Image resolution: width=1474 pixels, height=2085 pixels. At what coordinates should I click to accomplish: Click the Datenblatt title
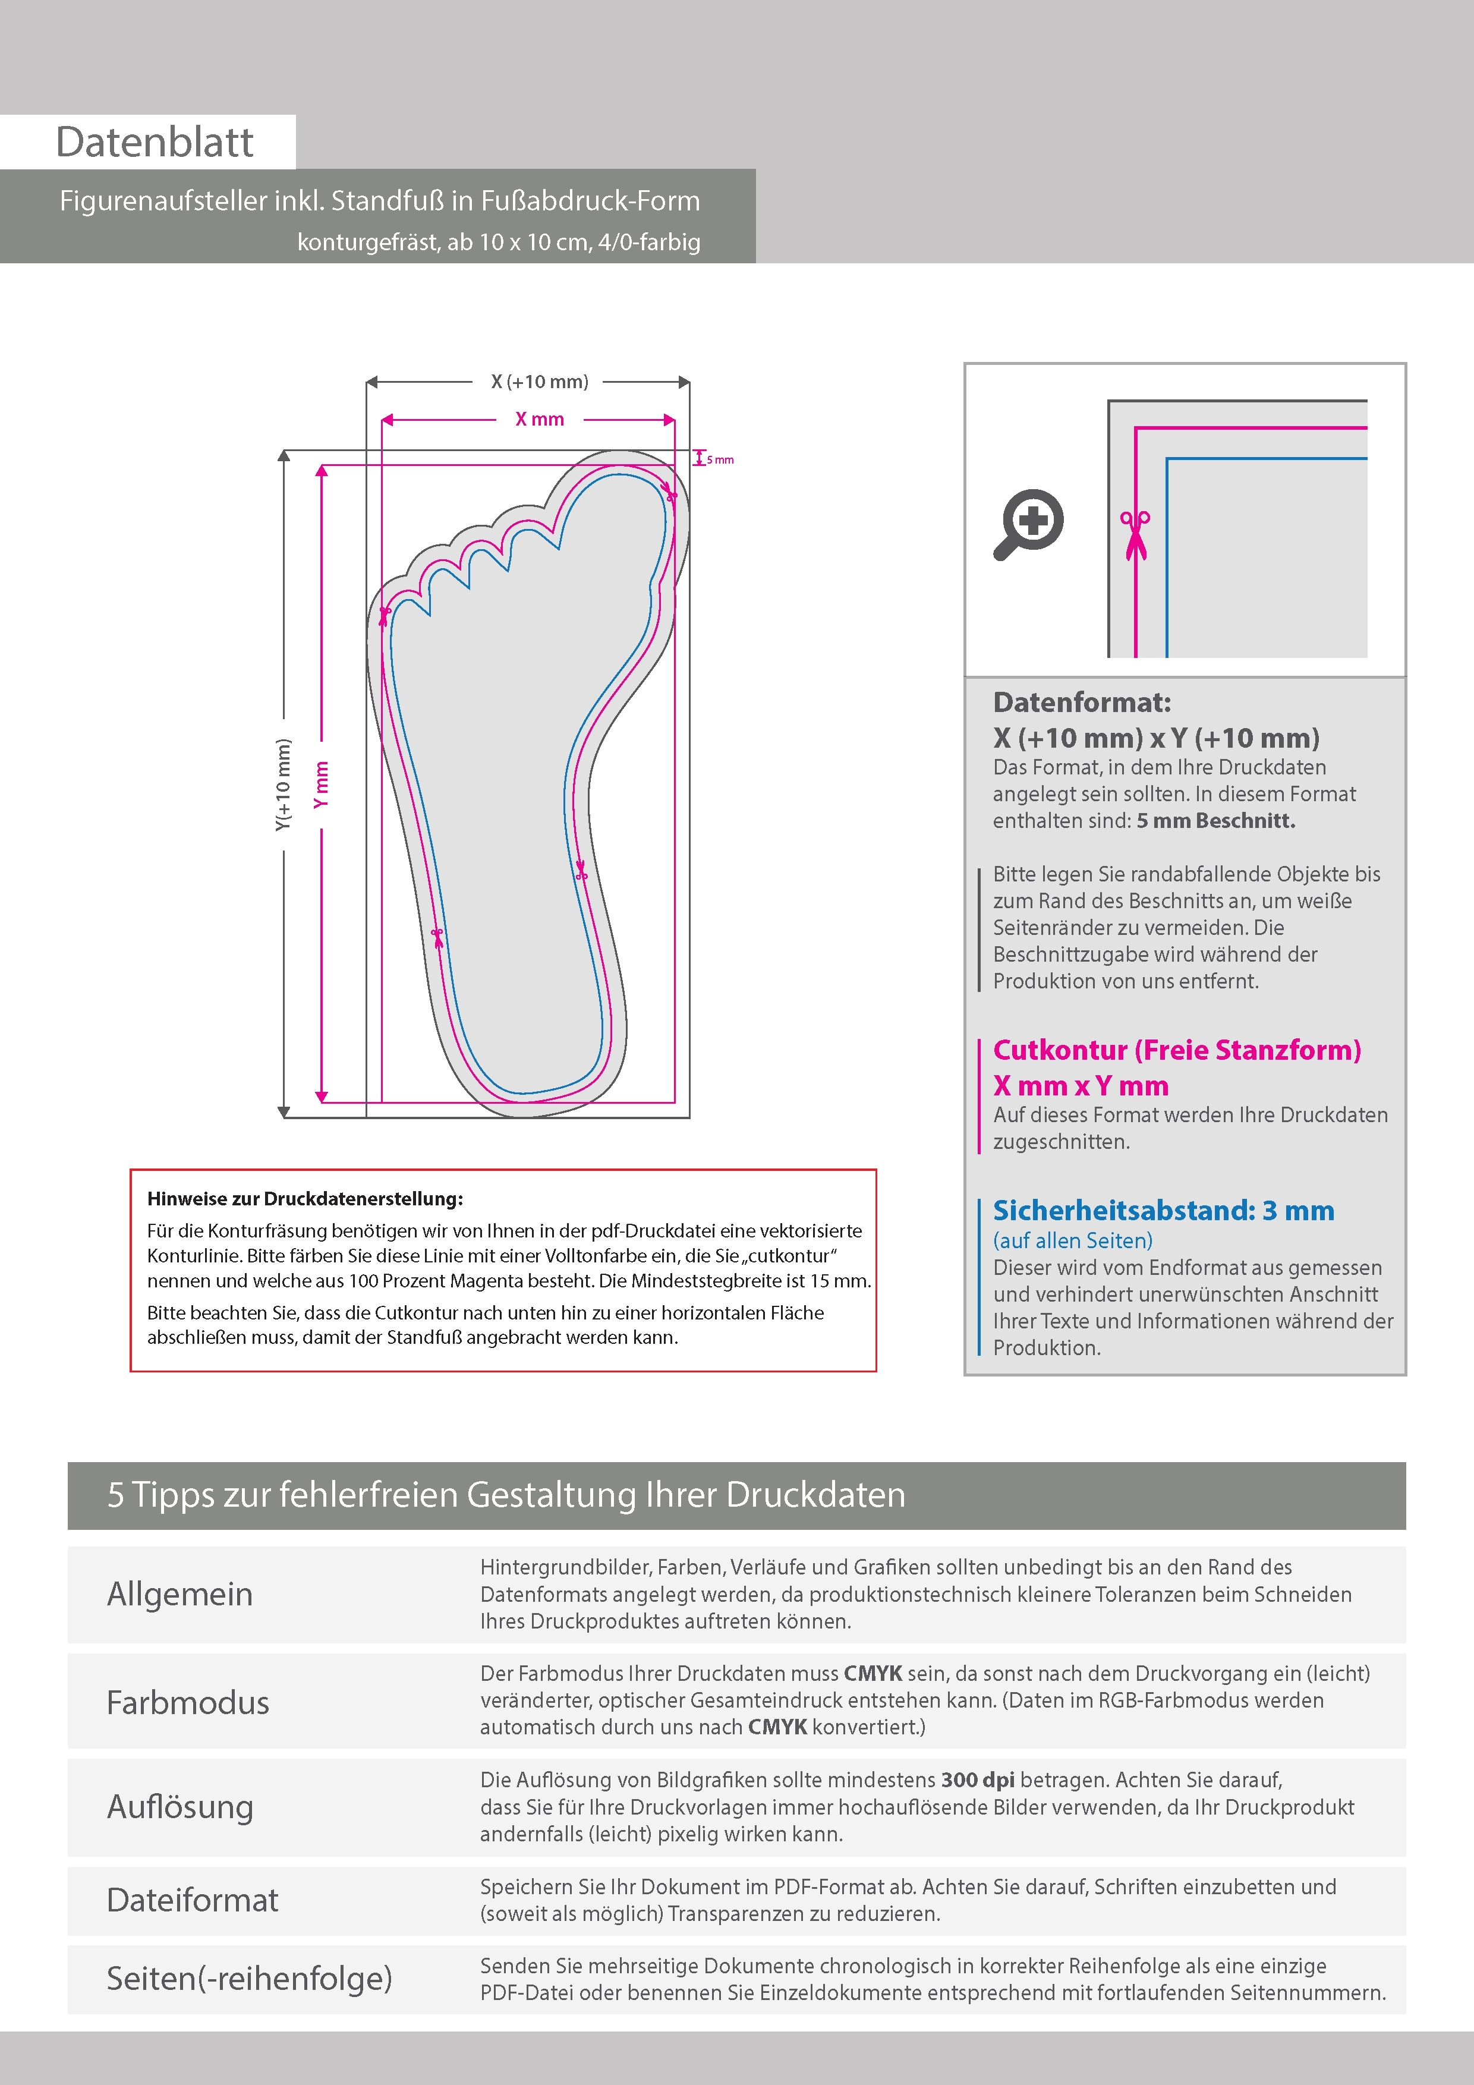point(155,141)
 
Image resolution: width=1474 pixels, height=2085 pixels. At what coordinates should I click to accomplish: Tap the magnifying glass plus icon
point(1029,524)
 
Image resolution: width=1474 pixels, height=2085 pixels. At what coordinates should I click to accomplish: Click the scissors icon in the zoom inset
point(1135,535)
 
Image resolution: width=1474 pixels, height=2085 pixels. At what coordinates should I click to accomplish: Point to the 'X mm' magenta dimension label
point(540,420)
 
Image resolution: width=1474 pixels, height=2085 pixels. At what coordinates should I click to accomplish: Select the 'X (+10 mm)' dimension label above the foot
point(540,382)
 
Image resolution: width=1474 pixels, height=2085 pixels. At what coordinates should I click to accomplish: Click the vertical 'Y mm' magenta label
point(320,785)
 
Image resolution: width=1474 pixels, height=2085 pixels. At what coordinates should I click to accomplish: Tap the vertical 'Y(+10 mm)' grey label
point(284,785)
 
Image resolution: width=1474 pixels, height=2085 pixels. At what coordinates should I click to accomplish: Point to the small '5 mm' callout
point(720,459)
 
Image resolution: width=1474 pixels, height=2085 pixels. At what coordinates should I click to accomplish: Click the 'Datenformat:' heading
point(1082,702)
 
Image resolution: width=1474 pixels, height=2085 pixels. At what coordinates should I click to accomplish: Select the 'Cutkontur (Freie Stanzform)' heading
point(1177,1050)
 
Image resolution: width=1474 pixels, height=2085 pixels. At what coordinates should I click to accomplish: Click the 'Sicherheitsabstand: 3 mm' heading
point(1163,1211)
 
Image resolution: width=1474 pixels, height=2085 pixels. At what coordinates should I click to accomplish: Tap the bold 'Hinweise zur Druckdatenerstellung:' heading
point(305,1199)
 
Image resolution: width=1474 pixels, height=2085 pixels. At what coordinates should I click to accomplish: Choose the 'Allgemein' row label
point(180,1593)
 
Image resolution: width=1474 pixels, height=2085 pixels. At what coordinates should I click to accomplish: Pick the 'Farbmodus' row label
point(188,1702)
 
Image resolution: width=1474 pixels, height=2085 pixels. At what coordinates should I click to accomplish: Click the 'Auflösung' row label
point(180,1806)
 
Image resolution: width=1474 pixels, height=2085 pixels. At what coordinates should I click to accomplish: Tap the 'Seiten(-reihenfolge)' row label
point(250,1978)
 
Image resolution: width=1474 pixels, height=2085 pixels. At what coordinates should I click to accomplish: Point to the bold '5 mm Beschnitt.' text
point(1215,821)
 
